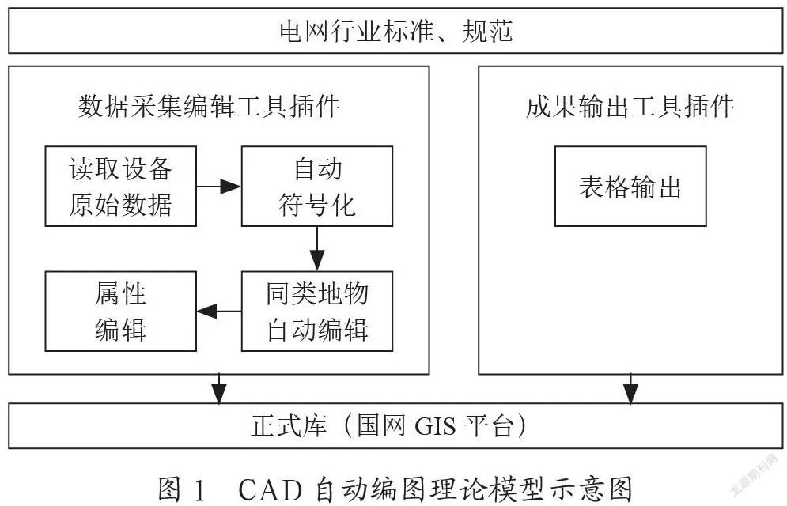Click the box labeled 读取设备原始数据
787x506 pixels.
(x=121, y=186)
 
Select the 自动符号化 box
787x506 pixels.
(x=316, y=186)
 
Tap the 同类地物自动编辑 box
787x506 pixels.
(x=316, y=311)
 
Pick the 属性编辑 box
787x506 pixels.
(x=121, y=311)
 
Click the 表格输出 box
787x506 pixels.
(x=630, y=187)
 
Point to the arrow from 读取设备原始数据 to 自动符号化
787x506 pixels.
(x=219, y=187)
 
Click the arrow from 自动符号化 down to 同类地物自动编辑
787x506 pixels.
(x=317, y=248)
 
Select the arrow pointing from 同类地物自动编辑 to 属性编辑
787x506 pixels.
(x=219, y=311)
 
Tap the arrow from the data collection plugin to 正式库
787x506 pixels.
(x=219, y=388)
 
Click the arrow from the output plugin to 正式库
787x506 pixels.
(x=630, y=388)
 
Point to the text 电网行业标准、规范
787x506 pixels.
(x=395, y=31)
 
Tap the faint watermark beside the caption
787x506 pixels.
(x=755, y=482)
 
